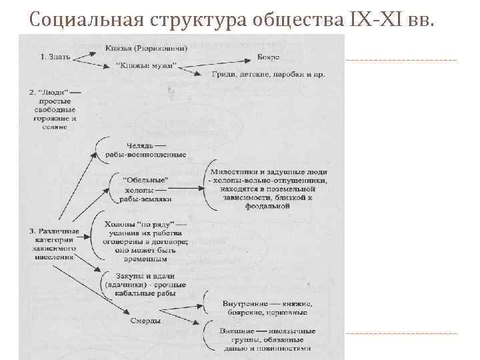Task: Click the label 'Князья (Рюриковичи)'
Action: pyautogui.click(x=146, y=49)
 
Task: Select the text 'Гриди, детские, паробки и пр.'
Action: pyautogui.click(x=269, y=74)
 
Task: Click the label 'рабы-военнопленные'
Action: pyautogui.click(x=146, y=155)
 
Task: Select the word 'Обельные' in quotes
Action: pyautogui.click(x=147, y=179)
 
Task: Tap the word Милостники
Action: pyautogui.click(x=241, y=171)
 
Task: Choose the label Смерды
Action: pyautogui.click(x=146, y=321)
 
